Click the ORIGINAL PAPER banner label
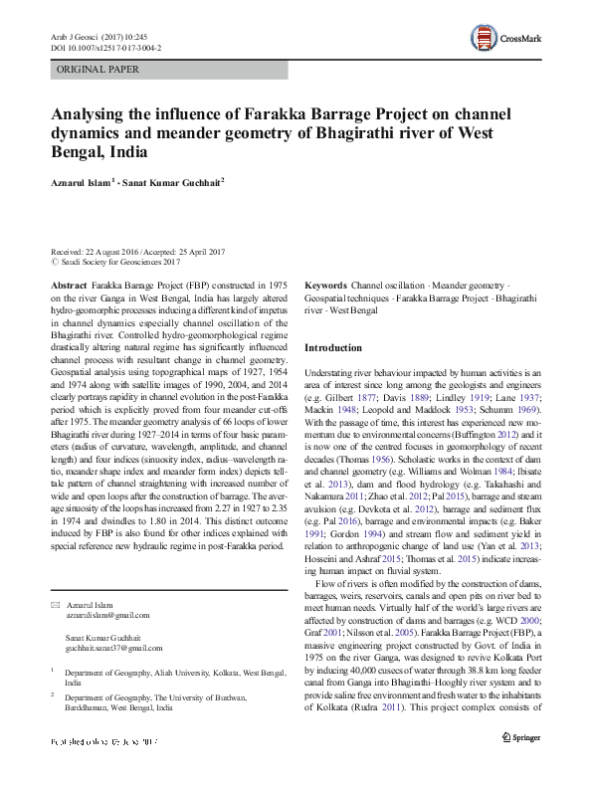click(x=98, y=70)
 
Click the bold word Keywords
click(x=325, y=285)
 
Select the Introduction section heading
click(x=333, y=348)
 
